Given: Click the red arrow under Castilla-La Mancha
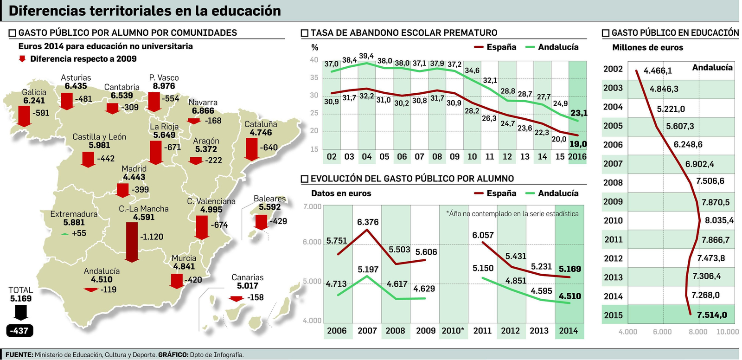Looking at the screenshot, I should tap(132, 242).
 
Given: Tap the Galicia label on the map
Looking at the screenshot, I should tap(34, 92).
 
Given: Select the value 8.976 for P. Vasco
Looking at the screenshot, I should tap(164, 86).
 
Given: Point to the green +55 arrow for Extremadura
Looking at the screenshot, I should tap(65, 234).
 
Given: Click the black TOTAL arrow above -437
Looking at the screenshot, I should tap(21, 314).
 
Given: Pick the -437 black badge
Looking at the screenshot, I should tap(20, 331).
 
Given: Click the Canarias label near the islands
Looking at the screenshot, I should tap(247, 277).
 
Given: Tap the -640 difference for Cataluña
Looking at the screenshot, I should tap(269, 148).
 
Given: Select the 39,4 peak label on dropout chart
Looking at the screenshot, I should tap(366, 56).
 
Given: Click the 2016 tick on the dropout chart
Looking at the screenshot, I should tap(577, 156).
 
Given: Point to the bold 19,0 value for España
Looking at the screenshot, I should tap(578, 144).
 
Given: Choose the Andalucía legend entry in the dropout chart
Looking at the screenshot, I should tap(558, 47).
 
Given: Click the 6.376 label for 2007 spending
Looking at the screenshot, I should tap(368, 222).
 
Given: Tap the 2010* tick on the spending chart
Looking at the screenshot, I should tap(453, 331).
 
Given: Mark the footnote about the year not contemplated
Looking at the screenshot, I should tap(512, 213).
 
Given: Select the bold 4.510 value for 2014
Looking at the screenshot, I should tap(570, 296).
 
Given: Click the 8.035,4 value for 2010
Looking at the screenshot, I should tap(719, 220).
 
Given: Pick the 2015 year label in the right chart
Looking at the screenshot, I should tap(613, 315).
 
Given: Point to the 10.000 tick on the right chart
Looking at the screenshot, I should tap(727, 332).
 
